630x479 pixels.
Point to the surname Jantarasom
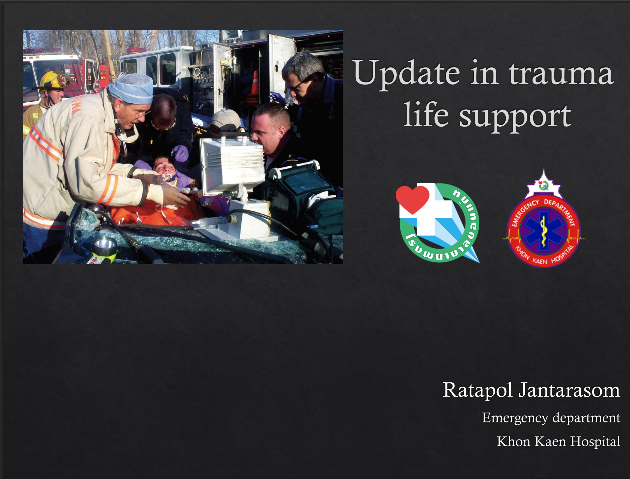tap(569, 391)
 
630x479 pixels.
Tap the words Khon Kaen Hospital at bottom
tap(558, 441)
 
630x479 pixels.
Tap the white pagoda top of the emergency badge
tap(543, 185)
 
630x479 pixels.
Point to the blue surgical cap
tap(132, 88)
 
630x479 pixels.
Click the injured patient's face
tap(165, 168)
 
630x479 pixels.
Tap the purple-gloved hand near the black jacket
tap(181, 153)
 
